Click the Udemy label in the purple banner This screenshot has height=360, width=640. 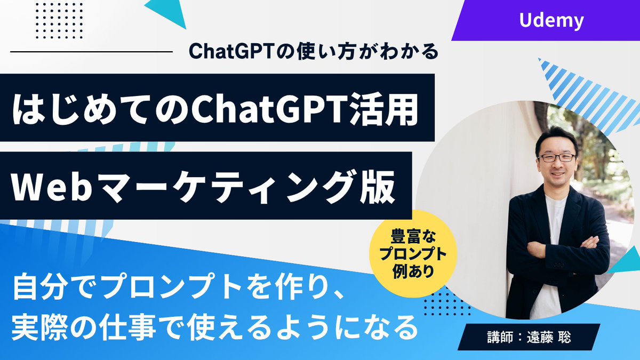click(551, 20)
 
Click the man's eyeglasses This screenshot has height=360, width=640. click(556, 158)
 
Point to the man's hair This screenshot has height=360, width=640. click(555, 135)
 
